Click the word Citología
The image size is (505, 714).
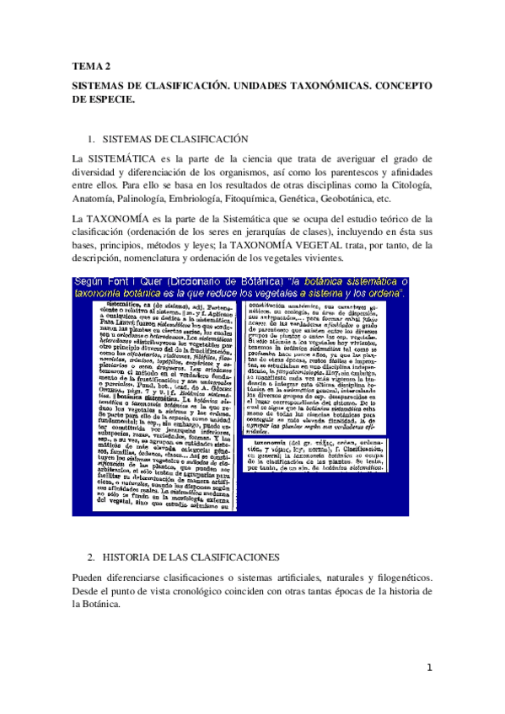point(408,185)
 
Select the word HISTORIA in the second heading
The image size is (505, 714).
point(133,557)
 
